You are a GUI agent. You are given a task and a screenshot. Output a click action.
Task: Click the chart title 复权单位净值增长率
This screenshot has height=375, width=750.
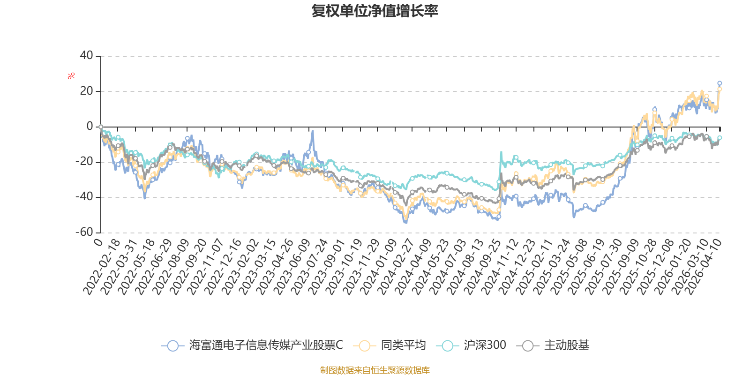[375, 11]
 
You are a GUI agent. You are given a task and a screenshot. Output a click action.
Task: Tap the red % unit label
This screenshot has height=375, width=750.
[71, 76]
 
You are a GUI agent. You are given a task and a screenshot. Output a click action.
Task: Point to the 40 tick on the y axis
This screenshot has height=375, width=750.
[87, 56]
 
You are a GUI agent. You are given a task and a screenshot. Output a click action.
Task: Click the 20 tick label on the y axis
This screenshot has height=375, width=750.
[87, 91]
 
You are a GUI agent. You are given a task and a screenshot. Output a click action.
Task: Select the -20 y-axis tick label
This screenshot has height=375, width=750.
[85, 162]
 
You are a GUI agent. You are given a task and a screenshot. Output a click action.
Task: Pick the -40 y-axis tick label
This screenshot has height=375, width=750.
[85, 197]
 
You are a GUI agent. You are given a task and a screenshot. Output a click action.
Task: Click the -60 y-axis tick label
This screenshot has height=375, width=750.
[85, 232]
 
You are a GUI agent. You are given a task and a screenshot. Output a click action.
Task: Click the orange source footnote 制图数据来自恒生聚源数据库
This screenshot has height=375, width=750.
[375, 370]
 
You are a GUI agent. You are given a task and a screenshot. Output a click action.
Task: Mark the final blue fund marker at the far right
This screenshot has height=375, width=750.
[720, 83]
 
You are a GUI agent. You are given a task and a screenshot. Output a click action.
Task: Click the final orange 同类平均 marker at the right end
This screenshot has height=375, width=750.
[720, 89]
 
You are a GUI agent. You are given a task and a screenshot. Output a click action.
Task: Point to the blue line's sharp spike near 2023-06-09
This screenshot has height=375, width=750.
[312, 132]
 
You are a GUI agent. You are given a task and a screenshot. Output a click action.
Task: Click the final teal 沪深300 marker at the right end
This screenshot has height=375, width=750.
[720, 138]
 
